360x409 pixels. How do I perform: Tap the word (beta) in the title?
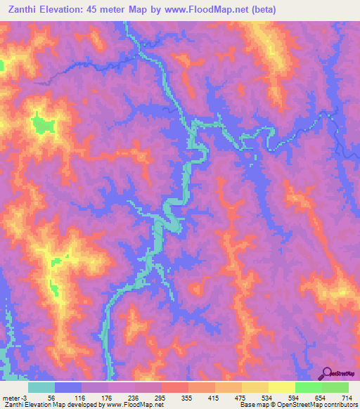click(263, 10)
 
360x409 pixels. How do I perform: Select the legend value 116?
click(80, 397)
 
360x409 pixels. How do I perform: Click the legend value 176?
click(107, 397)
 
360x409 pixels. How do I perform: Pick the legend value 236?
click(134, 397)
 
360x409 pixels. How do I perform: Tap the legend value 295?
click(160, 397)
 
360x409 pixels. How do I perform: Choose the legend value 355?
click(187, 397)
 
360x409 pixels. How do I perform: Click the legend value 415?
click(214, 397)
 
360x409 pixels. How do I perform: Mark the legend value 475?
click(240, 397)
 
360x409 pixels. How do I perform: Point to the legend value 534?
click(267, 397)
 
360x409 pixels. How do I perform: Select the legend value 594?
click(294, 397)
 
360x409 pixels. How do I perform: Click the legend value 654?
click(321, 397)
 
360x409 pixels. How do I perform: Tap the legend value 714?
click(347, 397)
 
